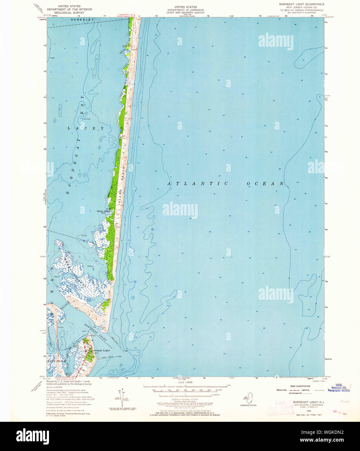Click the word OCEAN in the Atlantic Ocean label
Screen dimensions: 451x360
pos(265,184)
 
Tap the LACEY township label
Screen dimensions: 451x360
pos(86,128)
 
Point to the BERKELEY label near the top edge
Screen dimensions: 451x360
pos(83,19)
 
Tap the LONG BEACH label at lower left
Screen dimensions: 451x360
pos(57,361)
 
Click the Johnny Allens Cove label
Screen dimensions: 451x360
pos(104,212)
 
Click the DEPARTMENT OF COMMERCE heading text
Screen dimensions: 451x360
pos(185,10)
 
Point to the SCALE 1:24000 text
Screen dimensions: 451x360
pos(185,383)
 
